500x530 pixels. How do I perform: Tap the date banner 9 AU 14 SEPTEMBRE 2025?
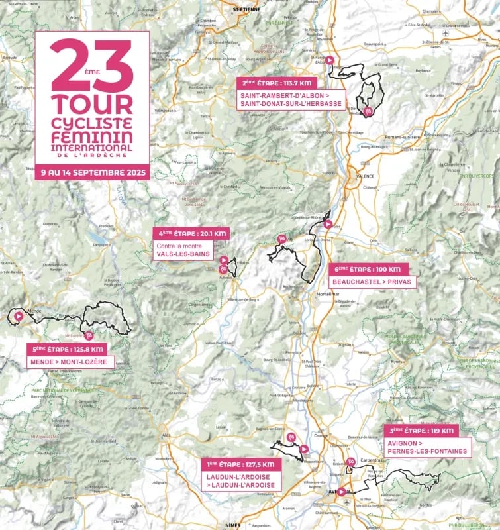tap(92, 172)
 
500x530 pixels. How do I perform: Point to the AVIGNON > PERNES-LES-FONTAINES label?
tap(427, 447)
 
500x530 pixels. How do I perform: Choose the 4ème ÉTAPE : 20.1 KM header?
tap(191, 233)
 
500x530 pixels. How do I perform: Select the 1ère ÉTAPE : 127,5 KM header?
tap(241, 464)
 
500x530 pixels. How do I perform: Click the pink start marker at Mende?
tap(18, 317)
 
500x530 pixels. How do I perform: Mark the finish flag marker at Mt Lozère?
tap(89, 335)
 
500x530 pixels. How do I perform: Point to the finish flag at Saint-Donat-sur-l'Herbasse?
tap(370, 111)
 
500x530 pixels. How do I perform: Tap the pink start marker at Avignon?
tap(341, 492)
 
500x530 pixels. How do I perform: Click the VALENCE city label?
tap(366, 176)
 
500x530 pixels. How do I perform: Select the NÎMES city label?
tap(232, 525)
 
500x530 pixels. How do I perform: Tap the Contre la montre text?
tap(175, 245)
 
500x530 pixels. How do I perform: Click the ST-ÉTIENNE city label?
tap(245, 10)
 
